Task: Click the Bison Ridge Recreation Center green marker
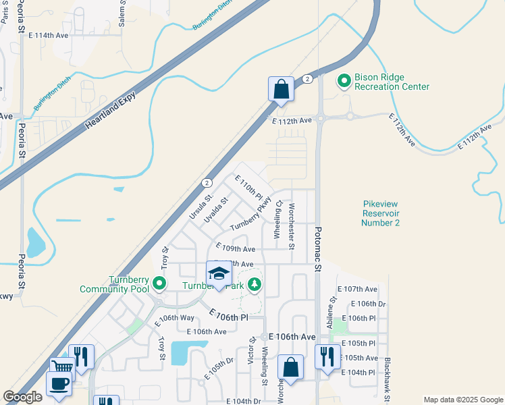coord(344,82)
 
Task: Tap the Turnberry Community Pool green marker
coord(159,283)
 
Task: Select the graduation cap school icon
coord(219,274)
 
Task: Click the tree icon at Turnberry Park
coord(255,285)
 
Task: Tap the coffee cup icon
coord(59,383)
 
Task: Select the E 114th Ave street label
coord(45,34)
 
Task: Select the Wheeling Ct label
coord(277,222)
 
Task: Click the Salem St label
coord(123,13)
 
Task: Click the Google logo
coord(23,397)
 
